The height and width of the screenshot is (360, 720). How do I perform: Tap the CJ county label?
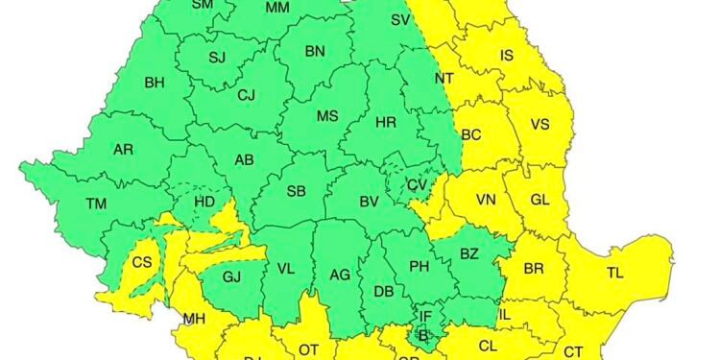[x=247, y=94]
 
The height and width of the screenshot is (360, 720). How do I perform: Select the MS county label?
[x=328, y=116]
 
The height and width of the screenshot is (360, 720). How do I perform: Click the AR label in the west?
[x=123, y=151]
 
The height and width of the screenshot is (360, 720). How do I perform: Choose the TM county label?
[x=96, y=204]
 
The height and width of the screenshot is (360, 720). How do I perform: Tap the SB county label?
[x=297, y=191]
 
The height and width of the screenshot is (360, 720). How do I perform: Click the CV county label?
[x=416, y=184]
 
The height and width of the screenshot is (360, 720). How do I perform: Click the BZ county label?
[x=469, y=253]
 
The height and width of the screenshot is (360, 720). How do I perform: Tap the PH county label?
[x=418, y=267]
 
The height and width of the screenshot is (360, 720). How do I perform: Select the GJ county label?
[x=231, y=276]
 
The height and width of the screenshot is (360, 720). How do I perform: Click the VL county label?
[x=285, y=271]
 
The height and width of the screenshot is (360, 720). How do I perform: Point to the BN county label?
[x=315, y=52]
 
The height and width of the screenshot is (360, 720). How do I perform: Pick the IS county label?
[x=507, y=56]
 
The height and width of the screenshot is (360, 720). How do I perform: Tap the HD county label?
[x=204, y=203]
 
